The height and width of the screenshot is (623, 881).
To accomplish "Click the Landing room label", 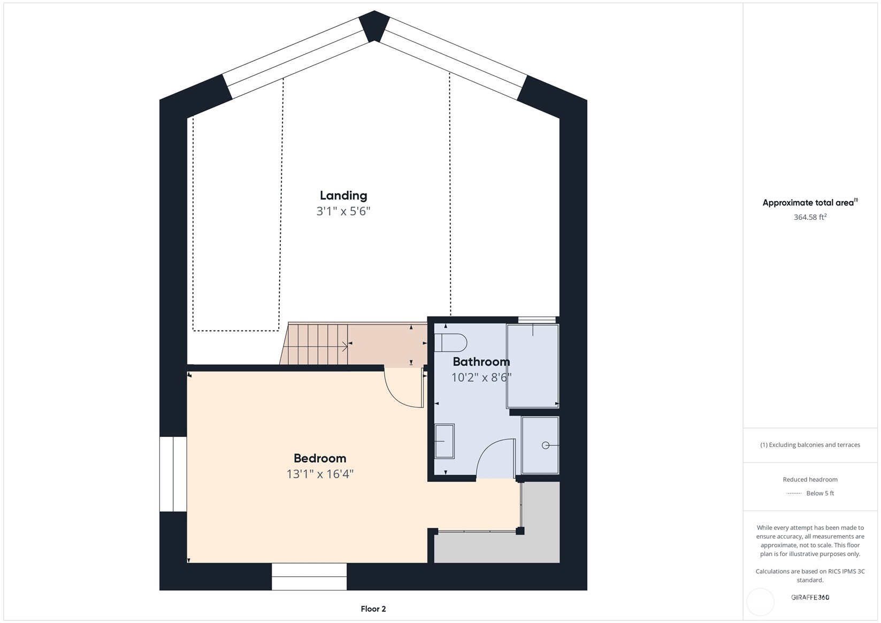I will click(x=343, y=196).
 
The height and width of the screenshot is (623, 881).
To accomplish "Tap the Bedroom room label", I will click(x=320, y=458).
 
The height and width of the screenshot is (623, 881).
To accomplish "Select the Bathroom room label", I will click(x=481, y=362).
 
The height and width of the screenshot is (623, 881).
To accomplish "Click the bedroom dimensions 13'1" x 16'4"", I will click(x=320, y=474).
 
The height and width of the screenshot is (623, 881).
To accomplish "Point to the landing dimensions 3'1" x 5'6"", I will click(x=343, y=211).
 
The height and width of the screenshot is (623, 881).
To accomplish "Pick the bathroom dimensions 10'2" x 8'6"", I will click(x=481, y=377).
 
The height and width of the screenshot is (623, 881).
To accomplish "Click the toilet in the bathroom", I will click(x=450, y=342).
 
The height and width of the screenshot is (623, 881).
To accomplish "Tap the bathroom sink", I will click(x=444, y=441).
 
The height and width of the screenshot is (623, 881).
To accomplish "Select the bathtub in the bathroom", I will click(x=532, y=366).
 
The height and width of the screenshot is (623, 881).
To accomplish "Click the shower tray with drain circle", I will click(x=540, y=445).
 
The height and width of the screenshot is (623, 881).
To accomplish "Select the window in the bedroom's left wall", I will click(x=173, y=474).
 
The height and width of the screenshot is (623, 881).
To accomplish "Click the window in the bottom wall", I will click(x=309, y=576).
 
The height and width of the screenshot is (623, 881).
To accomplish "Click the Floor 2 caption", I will click(x=373, y=609).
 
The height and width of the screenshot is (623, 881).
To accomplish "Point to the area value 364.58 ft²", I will click(x=810, y=217).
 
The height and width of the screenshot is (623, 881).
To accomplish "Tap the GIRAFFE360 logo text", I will click(x=810, y=597).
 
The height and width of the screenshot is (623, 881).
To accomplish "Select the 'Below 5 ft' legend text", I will click(x=820, y=493).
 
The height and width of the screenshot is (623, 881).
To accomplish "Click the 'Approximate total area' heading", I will click(x=809, y=203).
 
